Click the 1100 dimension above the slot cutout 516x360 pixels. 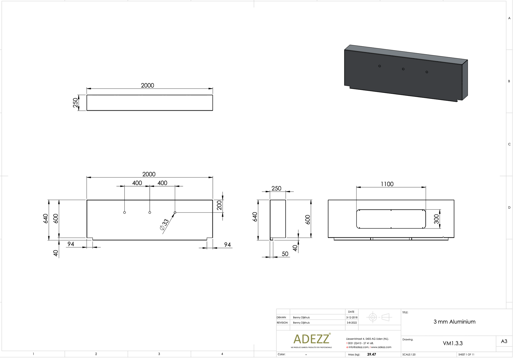tap(387, 184)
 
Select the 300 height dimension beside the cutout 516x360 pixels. tap(436, 219)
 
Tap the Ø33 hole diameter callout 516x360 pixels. tap(164, 225)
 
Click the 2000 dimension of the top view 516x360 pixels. tap(147, 85)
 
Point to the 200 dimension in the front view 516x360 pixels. tap(219, 205)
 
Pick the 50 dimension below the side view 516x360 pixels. tap(285, 254)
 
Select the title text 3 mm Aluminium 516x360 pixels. tap(454, 322)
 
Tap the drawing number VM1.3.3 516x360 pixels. tap(453, 343)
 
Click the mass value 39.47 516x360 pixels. tap(372, 355)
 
